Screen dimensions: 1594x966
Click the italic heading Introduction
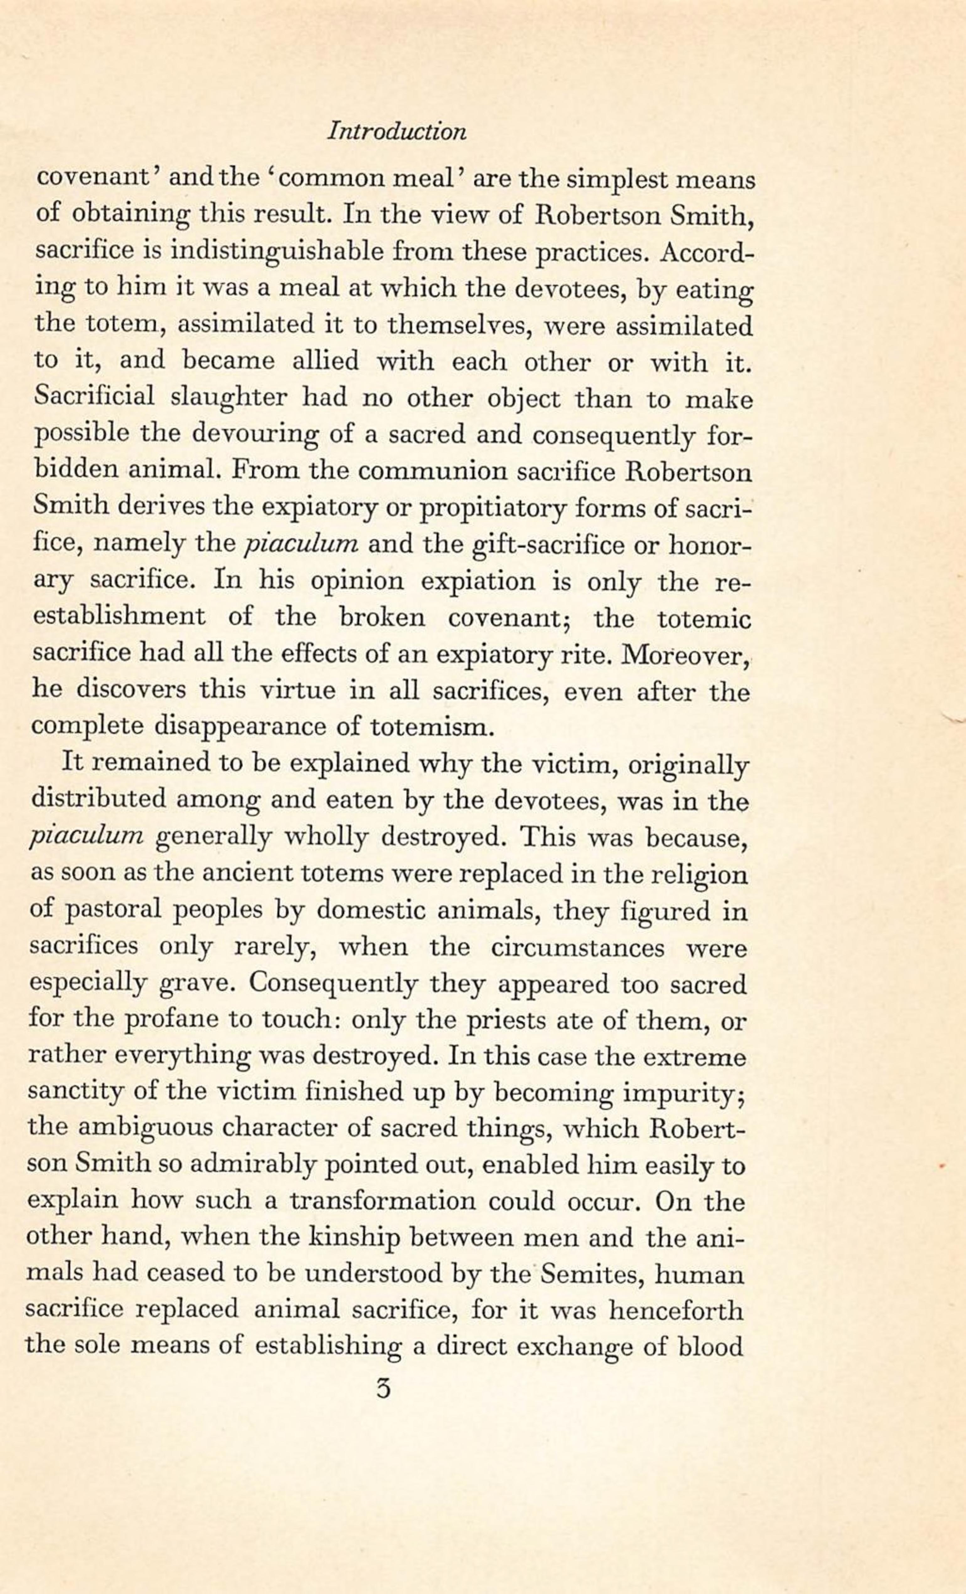397,132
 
